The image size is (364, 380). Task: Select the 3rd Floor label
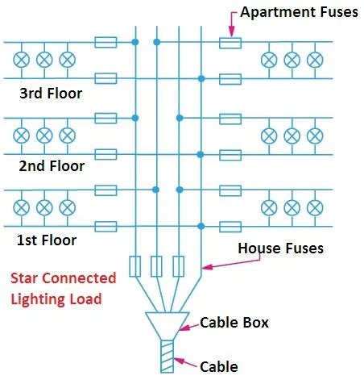point(51,93)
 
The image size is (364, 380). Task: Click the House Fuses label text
point(280,248)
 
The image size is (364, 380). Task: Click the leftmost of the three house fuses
point(134,265)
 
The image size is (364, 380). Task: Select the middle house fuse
point(156,265)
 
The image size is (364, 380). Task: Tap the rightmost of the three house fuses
point(179,265)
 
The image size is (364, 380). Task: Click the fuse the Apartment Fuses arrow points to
point(230,41)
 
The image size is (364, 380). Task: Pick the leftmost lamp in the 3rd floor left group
point(22,60)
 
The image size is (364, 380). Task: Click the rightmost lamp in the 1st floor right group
point(315,207)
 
